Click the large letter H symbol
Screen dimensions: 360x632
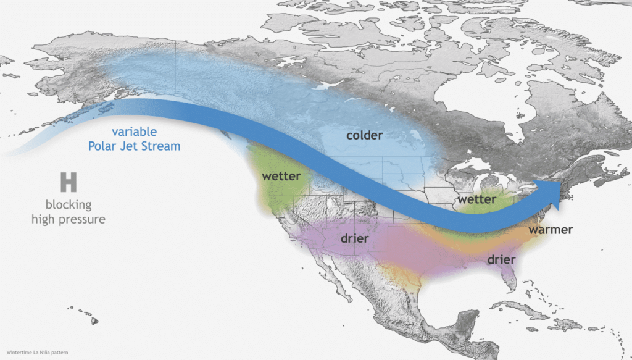click(x=68, y=182)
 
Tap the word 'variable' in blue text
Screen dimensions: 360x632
click(x=135, y=132)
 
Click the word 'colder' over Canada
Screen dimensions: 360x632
click(x=364, y=135)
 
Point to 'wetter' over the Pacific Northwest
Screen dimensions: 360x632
click(x=281, y=177)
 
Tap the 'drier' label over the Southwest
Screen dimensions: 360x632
click(x=354, y=238)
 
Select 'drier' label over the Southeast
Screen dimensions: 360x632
click(x=501, y=259)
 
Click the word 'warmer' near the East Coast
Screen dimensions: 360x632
click(x=551, y=230)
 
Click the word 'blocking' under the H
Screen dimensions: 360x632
click(x=68, y=204)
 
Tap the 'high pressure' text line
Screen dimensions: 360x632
click(x=69, y=219)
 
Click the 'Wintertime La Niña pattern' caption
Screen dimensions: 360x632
click(x=35, y=353)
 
